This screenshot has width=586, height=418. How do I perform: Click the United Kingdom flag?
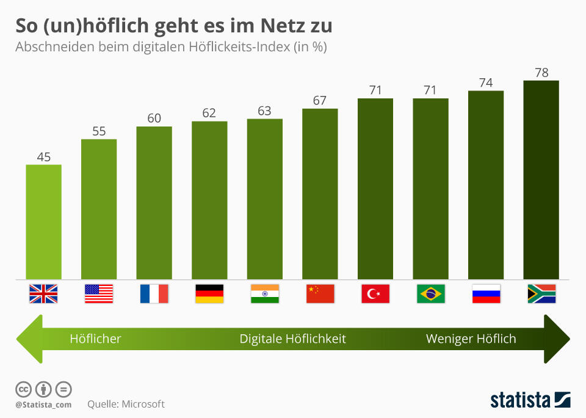[43, 294]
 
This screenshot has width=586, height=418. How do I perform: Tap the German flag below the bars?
[209, 294]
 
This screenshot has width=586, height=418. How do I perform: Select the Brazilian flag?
[430, 294]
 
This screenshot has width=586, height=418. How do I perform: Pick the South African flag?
[541, 294]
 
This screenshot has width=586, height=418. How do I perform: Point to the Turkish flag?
[375, 294]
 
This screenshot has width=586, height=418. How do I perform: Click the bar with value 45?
[43, 222]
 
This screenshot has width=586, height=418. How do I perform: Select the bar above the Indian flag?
[265, 199]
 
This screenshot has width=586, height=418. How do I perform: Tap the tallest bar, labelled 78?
[541, 180]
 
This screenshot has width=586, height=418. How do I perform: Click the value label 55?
[99, 131]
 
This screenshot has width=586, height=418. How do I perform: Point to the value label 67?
[320, 100]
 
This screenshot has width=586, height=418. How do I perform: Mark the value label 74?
[486, 82]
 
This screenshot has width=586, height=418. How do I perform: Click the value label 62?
[209, 113]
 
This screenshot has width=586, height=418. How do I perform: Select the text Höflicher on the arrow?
[95, 339]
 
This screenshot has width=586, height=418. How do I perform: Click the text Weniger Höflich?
[471, 339]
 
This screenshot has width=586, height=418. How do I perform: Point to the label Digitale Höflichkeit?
[292, 339]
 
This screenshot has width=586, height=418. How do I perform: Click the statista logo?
[530, 400]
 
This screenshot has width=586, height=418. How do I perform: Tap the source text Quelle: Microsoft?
[126, 404]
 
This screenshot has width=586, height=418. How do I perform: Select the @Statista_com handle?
[43, 405]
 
